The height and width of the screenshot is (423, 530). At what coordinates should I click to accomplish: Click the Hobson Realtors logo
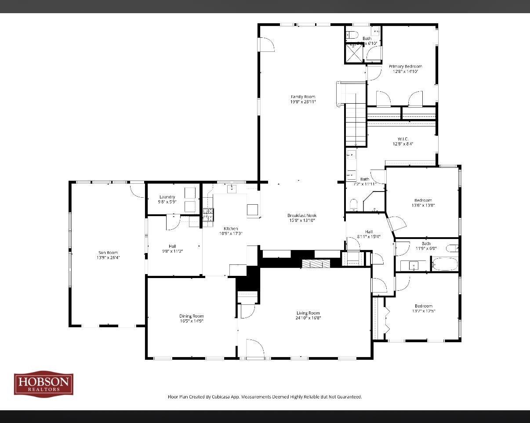(x=44, y=383)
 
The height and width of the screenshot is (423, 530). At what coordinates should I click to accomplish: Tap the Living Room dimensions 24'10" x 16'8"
(x=308, y=318)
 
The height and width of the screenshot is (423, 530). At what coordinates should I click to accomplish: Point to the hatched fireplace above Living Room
(x=316, y=263)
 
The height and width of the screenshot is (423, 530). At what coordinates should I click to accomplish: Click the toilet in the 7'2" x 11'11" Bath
(x=353, y=204)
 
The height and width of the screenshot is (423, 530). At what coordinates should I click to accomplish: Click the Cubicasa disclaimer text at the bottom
(x=265, y=397)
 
